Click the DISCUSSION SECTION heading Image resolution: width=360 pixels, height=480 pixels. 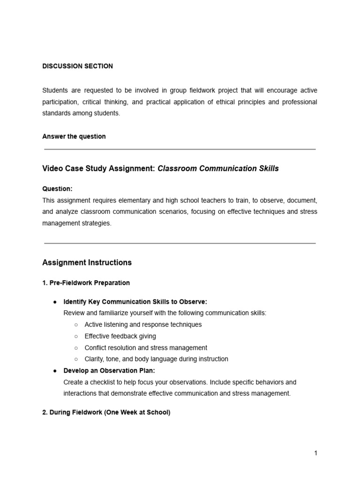pyautogui.click(x=77, y=66)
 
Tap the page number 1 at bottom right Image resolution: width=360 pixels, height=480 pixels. pyautogui.click(x=316, y=453)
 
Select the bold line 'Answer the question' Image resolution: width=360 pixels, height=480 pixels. pyautogui.click(x=74, y=136)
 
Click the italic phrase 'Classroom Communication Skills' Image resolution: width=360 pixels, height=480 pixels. pyautogui.click(x=218, y=168)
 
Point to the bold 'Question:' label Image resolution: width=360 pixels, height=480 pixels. pyautogui.click(x=57, y=188)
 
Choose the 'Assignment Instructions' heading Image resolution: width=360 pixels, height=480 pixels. pyautogui.click(x=87, y=262)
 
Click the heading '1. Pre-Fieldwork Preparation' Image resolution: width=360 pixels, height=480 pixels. pyautogui.click(x=86, y=283)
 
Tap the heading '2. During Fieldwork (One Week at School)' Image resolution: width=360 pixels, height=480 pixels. pyautogui.click(x=106, y=412)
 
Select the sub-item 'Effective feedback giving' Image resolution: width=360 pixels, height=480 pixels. pyautogui.click(x=120, y=336)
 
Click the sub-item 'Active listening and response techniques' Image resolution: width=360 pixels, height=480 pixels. pyautogui.click(x=143, y=324)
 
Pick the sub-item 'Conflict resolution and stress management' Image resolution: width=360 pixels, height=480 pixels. pyautogui.click(x=146, y=348)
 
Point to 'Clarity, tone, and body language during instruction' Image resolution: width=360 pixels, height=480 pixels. pyautogui.click(x=156, y=359)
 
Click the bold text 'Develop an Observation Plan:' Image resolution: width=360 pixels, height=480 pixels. pyautogui.click(x=106, y=371)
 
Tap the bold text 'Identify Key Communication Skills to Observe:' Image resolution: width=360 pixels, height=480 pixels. pyautogui.click(x=135, y=301)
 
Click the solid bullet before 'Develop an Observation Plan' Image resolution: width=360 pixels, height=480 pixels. pyautogui.click(x=55, y=371)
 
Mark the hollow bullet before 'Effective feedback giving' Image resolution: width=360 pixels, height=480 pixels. pyautogui.click(x=76, y=336)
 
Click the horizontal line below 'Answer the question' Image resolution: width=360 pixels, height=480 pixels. pyautogui.click(x=180, y=149)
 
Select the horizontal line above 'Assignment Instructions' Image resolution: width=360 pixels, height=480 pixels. pyautogui.click(x=180, y=243)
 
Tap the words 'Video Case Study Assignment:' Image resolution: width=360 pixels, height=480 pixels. pyautogui.click(x=98, y=168)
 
